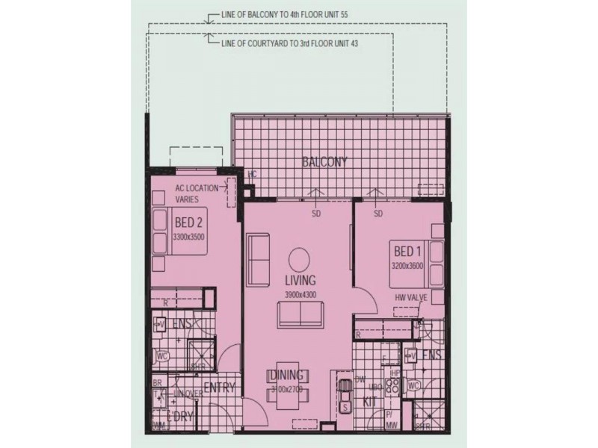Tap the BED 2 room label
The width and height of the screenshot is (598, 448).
188,223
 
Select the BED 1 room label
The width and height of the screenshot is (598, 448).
407,251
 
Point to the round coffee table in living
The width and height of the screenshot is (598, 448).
298,258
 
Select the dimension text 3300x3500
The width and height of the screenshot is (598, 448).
188,237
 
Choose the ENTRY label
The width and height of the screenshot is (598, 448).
219,388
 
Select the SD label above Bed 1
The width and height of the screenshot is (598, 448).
377,214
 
